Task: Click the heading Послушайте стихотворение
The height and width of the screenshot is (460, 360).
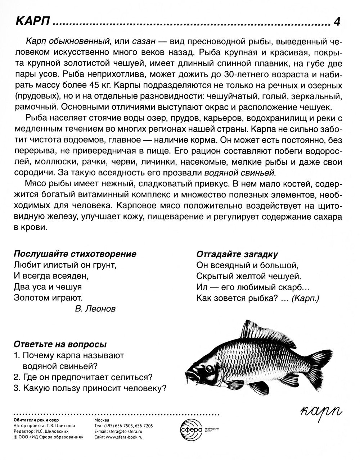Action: click(x=75, y=254)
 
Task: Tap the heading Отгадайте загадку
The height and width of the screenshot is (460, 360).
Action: click(x=237, y=254)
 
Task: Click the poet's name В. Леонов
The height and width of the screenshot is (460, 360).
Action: click(x=96, y=309)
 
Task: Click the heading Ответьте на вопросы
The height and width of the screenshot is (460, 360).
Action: click(x=60, y=344)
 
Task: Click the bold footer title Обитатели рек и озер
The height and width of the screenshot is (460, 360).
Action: click(x=36, y=420)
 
